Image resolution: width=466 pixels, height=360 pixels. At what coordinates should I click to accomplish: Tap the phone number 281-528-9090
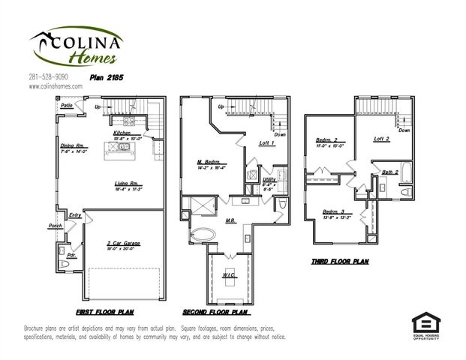(48, 76)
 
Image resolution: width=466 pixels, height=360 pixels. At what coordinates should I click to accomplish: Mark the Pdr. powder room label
(72, 254)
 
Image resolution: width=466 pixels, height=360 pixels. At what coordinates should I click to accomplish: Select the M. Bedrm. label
(208, 162)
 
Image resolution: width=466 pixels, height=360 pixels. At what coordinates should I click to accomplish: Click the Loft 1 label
(267, 143)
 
